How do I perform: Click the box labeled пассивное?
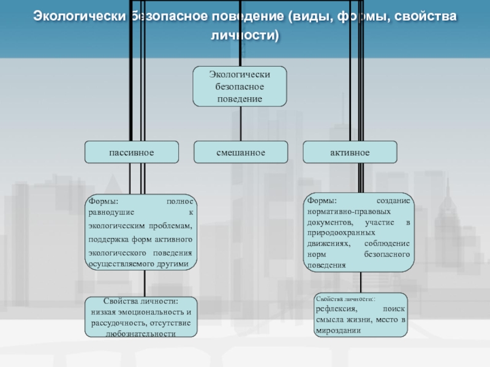(x=132, y=152)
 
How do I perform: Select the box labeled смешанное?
(x=241, y=152)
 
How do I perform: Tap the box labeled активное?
(x=350, y=152)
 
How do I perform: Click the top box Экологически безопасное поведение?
(x=239, y=86)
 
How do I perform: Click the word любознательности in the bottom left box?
(x=141, y=334)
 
